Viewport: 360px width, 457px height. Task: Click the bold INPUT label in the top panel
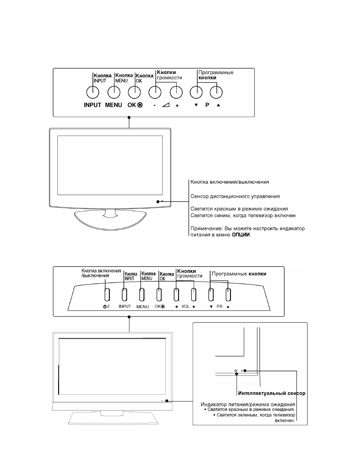(x=92, y=105)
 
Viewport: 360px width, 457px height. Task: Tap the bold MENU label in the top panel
(x=114, y=105)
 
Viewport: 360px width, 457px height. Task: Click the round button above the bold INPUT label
(x=93, y=93)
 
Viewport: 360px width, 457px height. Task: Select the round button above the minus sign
(x=155, y=93)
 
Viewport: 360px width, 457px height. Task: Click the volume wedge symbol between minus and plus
(x=166, y=105)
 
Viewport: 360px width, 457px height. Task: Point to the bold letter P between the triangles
(x=207, y=105)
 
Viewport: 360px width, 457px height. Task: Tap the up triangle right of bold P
(x=218, y=105)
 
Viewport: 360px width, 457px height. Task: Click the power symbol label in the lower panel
(x=106, y=306)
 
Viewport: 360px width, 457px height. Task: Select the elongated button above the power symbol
(x=107, y=295)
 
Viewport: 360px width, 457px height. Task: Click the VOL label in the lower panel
(x=185, y=306)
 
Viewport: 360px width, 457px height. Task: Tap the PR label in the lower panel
(x=220, y=306)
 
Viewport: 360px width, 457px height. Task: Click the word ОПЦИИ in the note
(x=241, y=235)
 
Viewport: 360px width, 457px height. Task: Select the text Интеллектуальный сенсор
(x=272, y=393)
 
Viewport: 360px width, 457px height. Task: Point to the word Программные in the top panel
(x=216, y=73)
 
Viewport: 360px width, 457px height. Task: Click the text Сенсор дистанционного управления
(x=235, y=196)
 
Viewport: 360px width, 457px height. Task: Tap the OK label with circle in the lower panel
(x=160, y=306)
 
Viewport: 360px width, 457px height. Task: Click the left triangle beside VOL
(x=176, y=307)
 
